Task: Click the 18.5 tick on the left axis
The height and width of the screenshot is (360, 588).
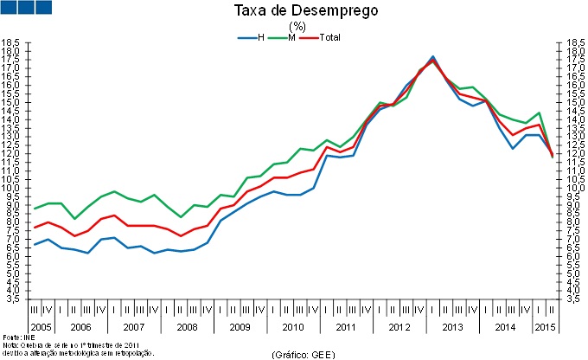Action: pos(10,42)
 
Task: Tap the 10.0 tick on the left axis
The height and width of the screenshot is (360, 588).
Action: pos(10,188)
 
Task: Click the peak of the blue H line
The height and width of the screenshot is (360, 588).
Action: pos(432,56)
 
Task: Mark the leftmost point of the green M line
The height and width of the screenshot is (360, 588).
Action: pos(34,209)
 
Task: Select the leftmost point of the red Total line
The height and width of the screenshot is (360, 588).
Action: pos(34,228)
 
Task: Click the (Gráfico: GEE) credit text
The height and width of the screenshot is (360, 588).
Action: pos(303,354)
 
